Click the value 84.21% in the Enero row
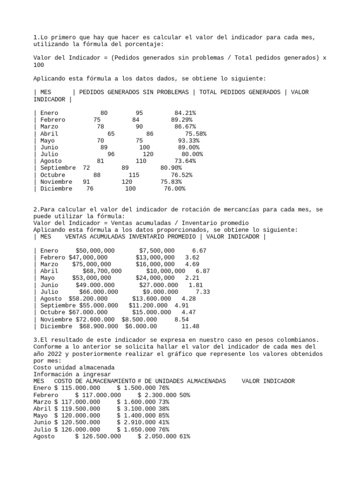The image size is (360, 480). pos(185,113)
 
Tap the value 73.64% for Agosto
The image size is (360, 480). pos(185,161)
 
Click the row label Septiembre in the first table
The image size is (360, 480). pos(58,168)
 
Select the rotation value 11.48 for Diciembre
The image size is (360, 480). pos(190,326)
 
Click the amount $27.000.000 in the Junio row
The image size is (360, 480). pos(158,285)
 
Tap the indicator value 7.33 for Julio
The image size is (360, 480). pos(202,292)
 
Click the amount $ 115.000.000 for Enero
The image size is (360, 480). pos(77,388)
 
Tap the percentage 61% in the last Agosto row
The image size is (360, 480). pos(185,436)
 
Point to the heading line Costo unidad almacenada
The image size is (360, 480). pos(74,367)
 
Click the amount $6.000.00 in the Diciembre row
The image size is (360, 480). pos(141,326)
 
